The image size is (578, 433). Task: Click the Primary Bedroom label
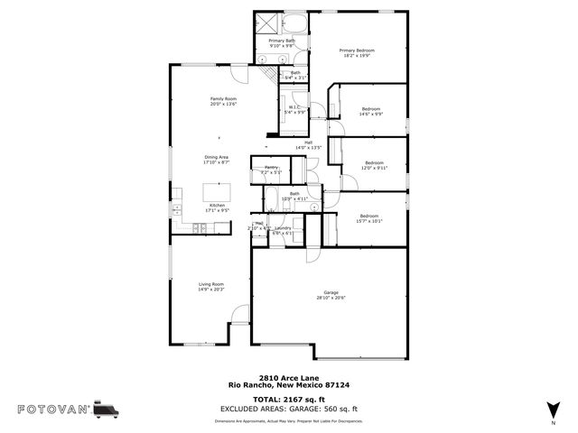point(357,51)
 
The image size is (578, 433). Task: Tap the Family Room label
point(223,98)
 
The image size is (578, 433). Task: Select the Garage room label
point(331,293)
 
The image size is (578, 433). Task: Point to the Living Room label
point(211,285)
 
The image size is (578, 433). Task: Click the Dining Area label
point(216,158)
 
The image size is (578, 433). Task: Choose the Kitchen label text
point(217,206)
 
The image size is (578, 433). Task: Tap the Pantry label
point(271,168)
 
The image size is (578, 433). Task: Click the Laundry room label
point(283,227)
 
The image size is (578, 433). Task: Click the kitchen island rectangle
point(216,191)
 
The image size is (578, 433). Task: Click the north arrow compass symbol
point(553,410)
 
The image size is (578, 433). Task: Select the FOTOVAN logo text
point(52,409)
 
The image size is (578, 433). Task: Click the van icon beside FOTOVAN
point(106,409)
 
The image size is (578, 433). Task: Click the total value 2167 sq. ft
point(305,398)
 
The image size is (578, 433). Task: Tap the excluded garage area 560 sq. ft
point(335,409)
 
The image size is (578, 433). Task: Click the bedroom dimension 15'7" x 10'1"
point(369,220)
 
